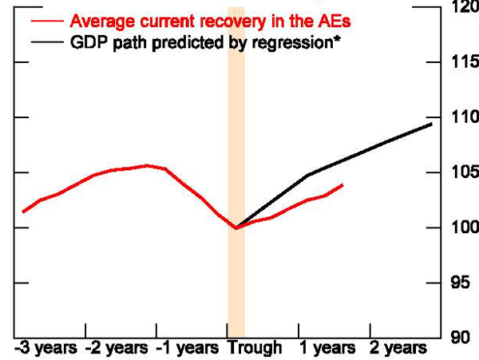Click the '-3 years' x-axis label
(x=46, y=348)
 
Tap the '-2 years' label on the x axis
(x=117, y=348)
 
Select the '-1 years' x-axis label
(x=187, y=348)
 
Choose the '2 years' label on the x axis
(x=398, y=348)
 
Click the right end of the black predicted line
(x=432, y=124)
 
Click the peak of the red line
(x=147, y=165)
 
